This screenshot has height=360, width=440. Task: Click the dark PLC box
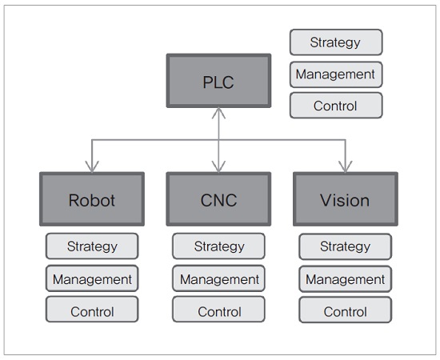[218, 81]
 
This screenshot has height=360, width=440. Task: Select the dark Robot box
[92, 199]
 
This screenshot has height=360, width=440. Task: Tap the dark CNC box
[218, 199]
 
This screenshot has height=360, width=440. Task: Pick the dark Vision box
[346, 199]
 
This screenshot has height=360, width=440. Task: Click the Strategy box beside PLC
[336, 42]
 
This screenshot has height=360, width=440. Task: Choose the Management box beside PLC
[336, 74]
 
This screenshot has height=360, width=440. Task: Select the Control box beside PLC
[336, 106]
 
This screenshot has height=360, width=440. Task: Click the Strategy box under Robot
[92, 246]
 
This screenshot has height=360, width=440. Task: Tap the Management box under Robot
[92, 278]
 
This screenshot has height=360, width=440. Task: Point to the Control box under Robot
[92, 310]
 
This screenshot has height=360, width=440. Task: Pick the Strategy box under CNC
[218, 246]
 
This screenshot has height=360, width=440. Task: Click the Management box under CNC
[218, 278]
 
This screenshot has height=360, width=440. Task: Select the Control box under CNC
[218, 310]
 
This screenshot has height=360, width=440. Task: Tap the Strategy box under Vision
[345, 246]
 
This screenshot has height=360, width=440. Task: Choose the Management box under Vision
[345, 279]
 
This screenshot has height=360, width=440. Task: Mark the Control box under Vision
[345, 310]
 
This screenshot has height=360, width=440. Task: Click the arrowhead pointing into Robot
[92, 167]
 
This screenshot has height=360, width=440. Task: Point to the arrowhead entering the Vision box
[346, 167]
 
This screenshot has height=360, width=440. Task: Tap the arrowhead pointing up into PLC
[218, 113]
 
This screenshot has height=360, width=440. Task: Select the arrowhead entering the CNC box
[218, 167]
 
